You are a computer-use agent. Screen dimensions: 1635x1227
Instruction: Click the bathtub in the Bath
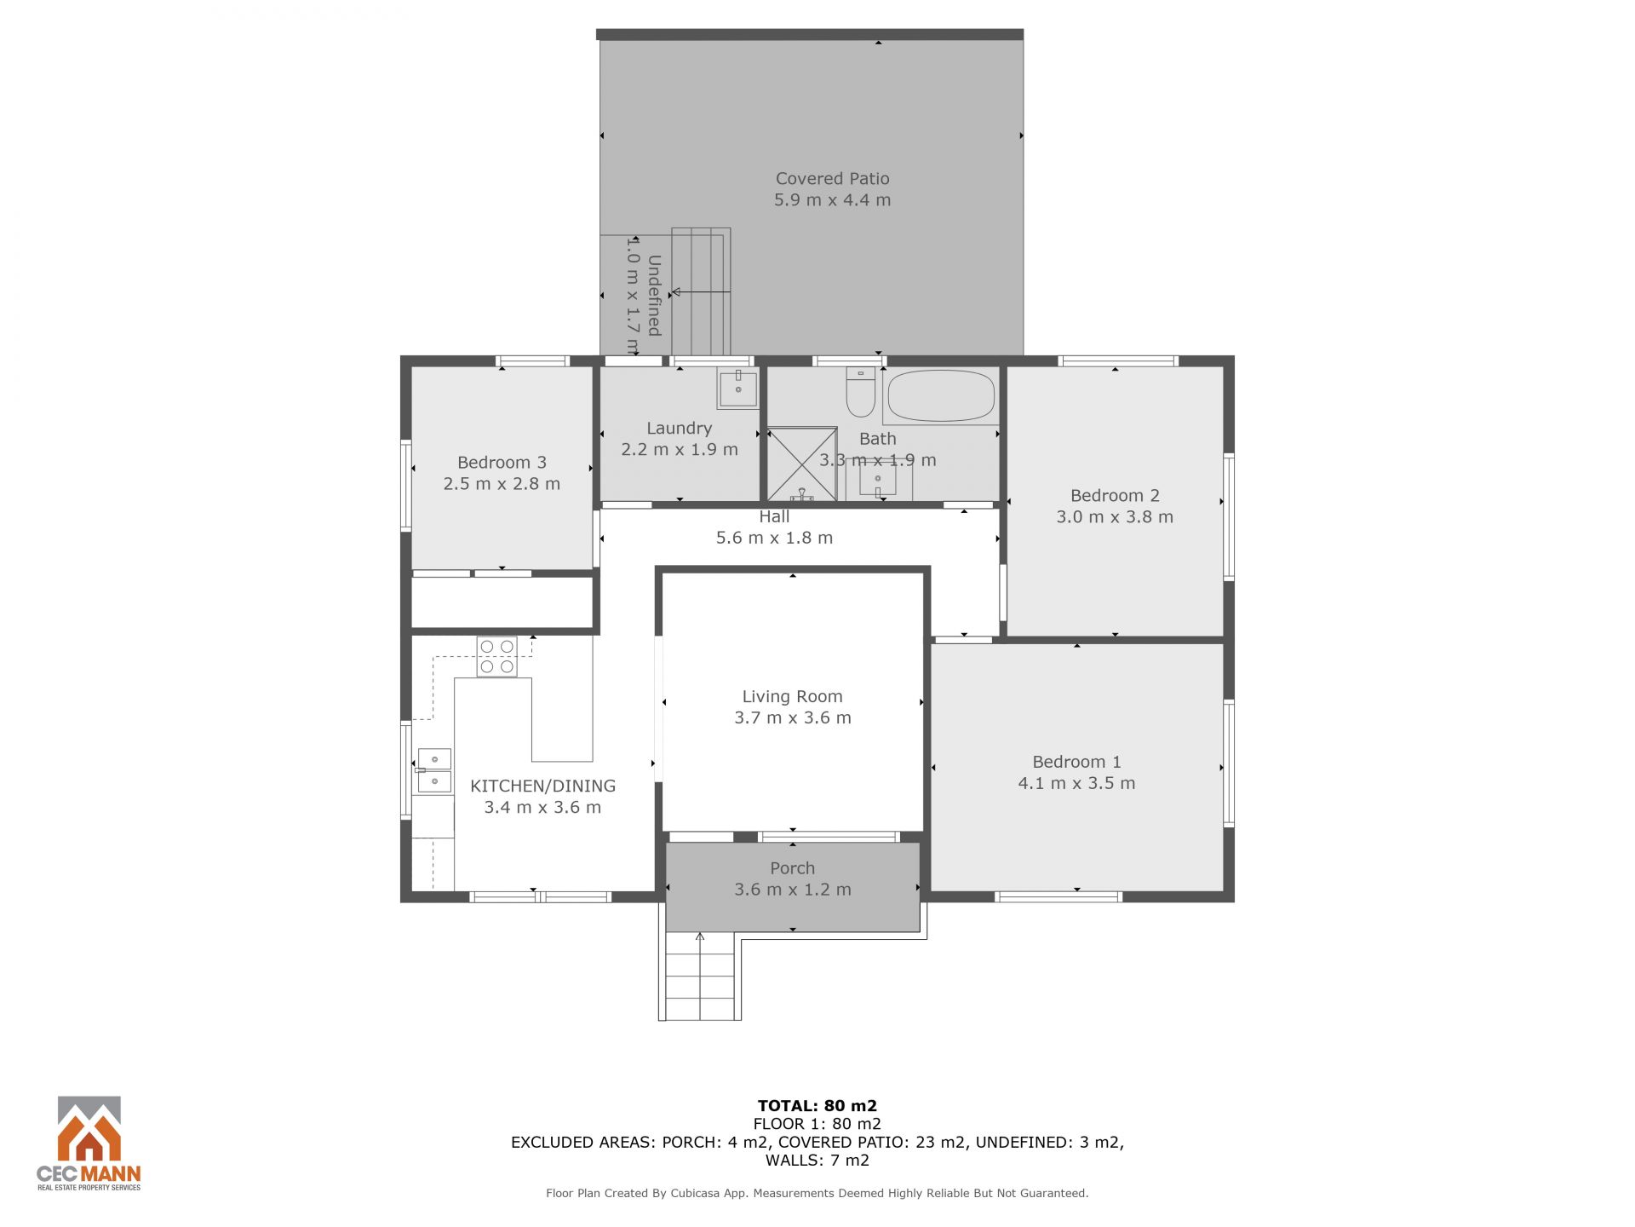coord(941,395)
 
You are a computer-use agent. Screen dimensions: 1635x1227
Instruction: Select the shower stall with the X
coord(802,464)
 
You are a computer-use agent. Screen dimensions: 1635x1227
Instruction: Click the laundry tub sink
coord(737,389)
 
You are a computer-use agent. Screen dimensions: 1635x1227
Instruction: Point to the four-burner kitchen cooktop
coord(496,657)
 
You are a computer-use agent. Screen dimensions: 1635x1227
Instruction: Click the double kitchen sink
coord(434,770)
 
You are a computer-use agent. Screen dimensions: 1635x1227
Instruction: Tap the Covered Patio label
coord(832,179)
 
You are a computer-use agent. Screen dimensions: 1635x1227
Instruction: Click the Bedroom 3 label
coord(502,463)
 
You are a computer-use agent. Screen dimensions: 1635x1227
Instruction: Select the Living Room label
coord(792,697)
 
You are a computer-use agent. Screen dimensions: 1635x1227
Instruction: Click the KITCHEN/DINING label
coord(542,786)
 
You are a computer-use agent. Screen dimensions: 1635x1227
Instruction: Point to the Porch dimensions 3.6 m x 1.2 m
coord(793,890)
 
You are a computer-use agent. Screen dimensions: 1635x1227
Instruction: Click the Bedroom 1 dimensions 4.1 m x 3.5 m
coord(1076,783)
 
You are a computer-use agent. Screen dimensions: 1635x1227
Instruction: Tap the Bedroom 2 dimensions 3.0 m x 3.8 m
coord(1115,517)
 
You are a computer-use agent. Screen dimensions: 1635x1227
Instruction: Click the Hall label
coord(774,516)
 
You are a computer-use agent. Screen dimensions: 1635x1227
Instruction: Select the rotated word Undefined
coord(654,295)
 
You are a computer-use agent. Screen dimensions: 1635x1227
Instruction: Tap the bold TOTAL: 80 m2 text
coord(817,1106)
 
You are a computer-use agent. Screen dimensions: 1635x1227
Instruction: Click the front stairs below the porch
coord(700,976)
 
